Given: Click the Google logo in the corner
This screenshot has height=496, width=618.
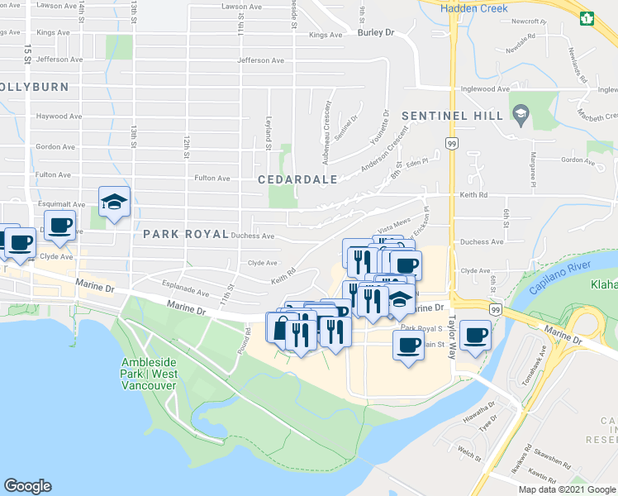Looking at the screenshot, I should click(x=27, y=486).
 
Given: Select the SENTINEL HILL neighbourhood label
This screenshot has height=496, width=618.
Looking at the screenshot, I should click(x=452, y=116).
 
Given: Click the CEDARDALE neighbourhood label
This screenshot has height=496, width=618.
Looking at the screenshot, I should click(x=297, y=179).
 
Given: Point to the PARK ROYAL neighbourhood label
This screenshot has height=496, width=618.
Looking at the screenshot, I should click(x=185, y=234).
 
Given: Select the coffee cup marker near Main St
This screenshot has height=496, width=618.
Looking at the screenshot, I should click(x=407, y=343).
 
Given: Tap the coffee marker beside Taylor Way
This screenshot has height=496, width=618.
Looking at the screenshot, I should click(x=475, y=335).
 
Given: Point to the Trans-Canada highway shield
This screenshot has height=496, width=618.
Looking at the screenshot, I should click(x=587, y=17).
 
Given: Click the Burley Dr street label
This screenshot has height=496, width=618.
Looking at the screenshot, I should click(x=377, y=33).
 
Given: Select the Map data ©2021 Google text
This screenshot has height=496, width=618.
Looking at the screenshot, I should click(x=565, y=489).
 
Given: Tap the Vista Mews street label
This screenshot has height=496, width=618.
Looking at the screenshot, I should click(x=394, y=224).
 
